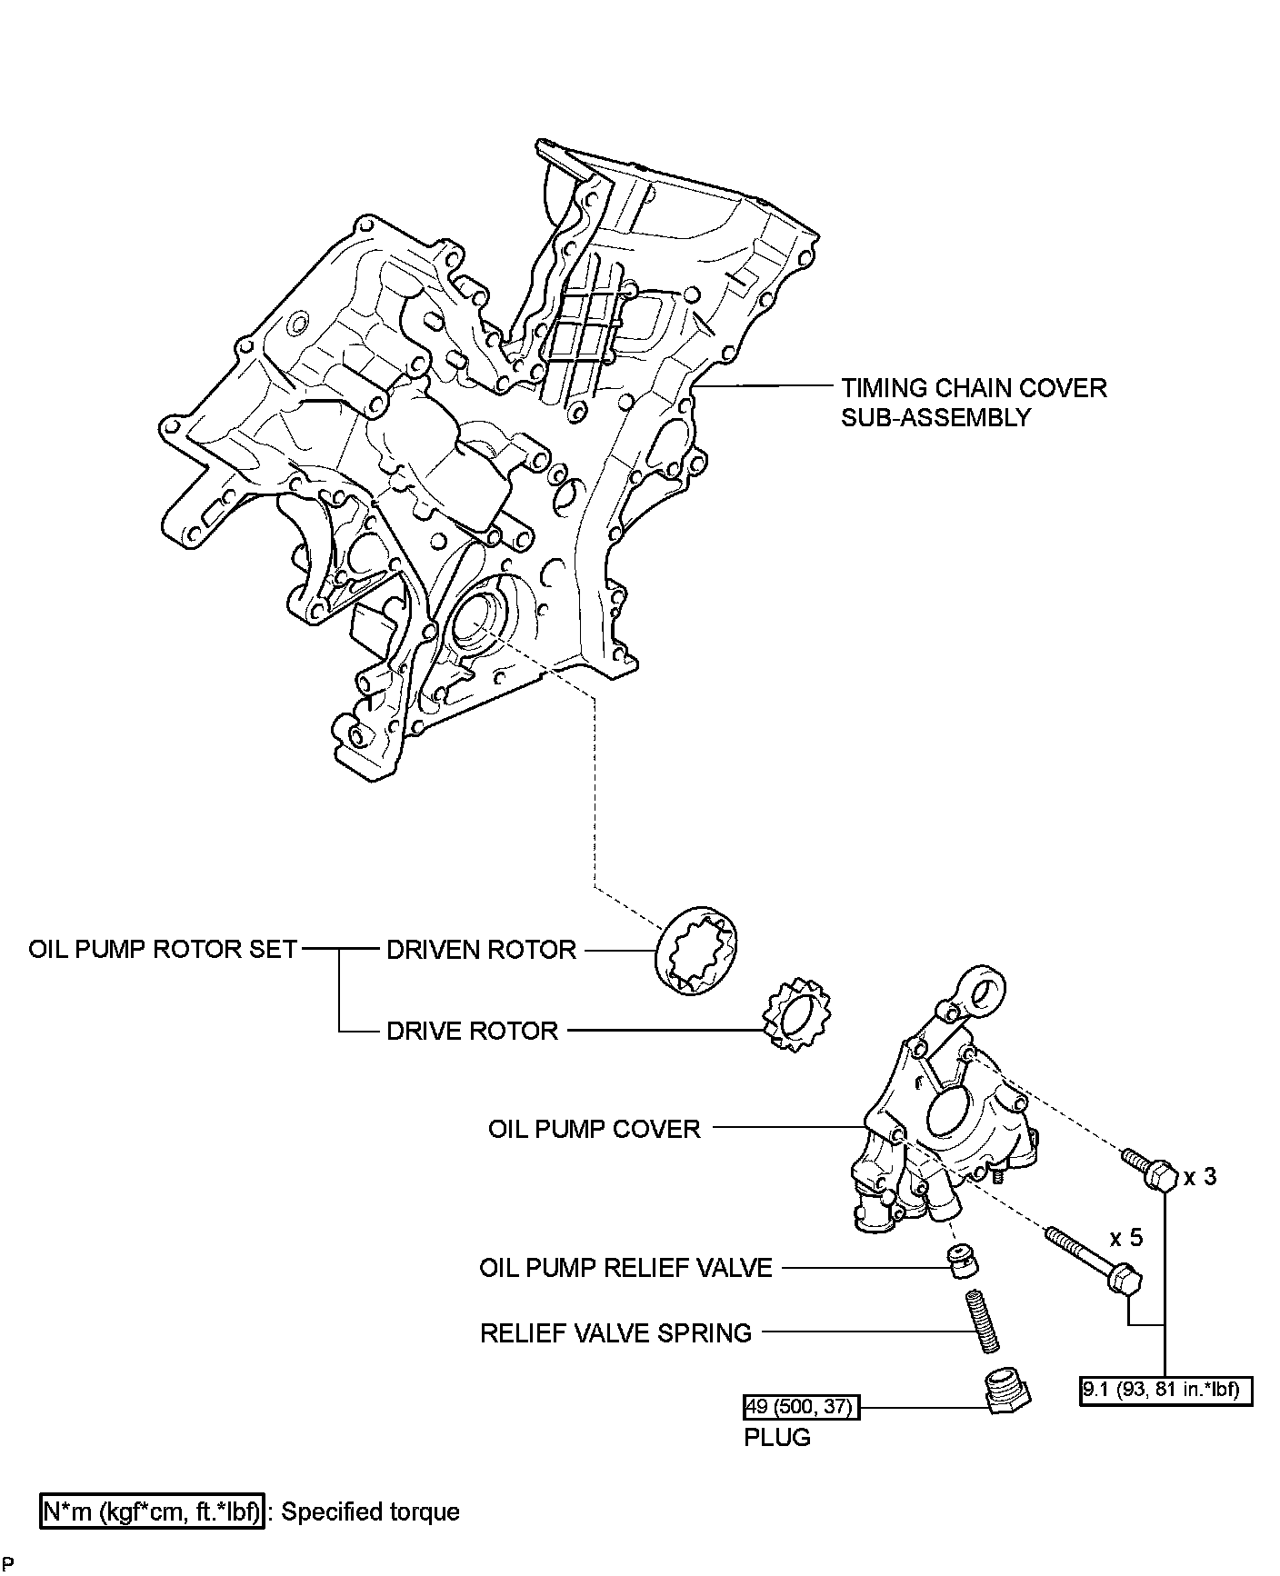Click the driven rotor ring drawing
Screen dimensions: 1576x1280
coord(697,950)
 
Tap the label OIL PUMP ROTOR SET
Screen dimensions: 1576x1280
coord(163,950)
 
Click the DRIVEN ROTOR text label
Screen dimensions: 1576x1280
coord(481,950)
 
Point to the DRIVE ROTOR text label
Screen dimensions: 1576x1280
coord(472,1031)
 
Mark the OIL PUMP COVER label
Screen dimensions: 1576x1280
coord(595,1129)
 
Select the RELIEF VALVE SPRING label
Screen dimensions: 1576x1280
coord(615,1332)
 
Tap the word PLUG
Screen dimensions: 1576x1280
coord(776,1437)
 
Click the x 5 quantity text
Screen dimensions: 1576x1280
coord(1125,1237)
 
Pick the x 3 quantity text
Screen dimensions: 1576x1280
coord(1199,1176)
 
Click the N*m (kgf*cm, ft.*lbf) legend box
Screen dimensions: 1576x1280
coord(153,1511)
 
